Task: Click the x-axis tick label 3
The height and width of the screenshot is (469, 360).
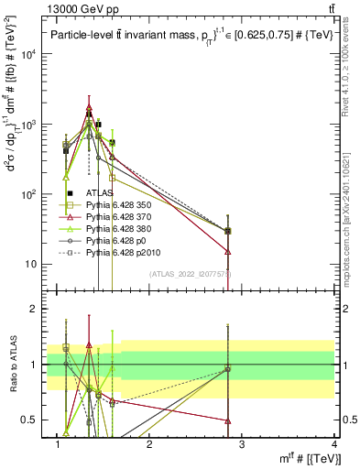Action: pos(242,444)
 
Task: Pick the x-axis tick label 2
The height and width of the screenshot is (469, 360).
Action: pos(150,444)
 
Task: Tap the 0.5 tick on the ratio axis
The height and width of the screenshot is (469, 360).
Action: pos(34,420)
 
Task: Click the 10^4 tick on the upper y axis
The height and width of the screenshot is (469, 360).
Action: pos(30,53)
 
